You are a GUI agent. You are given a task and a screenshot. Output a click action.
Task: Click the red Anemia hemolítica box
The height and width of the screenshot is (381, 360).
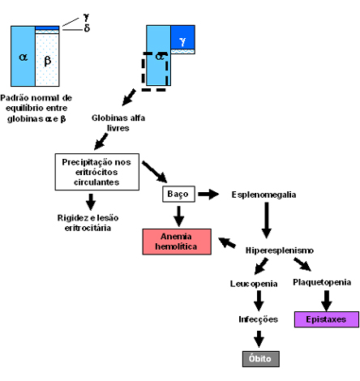pos(177,242)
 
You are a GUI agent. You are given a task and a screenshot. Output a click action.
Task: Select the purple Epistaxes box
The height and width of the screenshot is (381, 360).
pos(327,319)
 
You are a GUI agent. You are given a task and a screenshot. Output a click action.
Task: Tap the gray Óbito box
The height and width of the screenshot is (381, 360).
pos(260,359)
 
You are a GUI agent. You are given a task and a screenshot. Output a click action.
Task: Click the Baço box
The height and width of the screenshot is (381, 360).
pos(178,194)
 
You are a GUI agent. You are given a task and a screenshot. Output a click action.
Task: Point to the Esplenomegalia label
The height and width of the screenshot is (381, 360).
pos(264,195)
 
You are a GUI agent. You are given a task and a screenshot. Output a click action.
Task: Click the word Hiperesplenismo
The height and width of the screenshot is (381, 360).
pos(280,250)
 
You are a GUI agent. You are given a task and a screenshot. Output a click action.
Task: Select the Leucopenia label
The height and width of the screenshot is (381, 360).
pos(254,284)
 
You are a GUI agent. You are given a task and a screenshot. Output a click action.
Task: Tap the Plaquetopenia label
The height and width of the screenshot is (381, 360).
pos(322,282)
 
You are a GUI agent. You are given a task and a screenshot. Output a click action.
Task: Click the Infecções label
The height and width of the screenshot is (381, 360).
pos(258,319)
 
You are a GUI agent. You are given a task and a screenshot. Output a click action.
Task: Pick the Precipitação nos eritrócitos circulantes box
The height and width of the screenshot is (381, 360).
pos(97,172)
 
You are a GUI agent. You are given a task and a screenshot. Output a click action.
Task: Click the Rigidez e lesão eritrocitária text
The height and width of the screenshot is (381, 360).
pos(88,223)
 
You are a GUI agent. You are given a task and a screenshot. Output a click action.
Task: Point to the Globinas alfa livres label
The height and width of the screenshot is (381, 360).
pos(118,122)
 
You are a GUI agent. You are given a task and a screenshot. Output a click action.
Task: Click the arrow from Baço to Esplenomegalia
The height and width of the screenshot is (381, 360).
pos(208,194)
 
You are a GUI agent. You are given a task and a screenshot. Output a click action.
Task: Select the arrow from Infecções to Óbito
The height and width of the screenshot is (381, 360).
pos(259,339)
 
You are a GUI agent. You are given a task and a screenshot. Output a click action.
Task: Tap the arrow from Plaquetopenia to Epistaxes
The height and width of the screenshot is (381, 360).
pos(327,301)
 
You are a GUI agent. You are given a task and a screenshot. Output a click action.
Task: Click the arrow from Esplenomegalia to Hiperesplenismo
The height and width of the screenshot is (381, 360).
pos(267,220)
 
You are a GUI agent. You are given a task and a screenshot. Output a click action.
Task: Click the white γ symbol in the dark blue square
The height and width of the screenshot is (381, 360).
pos(182,41)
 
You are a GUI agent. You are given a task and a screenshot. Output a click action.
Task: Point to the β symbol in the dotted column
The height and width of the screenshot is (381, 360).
pos(48,61)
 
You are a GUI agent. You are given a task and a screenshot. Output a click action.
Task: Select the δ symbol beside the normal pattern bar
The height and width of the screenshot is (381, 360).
pos(87,28)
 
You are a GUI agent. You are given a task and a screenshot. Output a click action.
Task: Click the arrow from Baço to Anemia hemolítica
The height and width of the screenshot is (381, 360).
pos(178,216)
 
